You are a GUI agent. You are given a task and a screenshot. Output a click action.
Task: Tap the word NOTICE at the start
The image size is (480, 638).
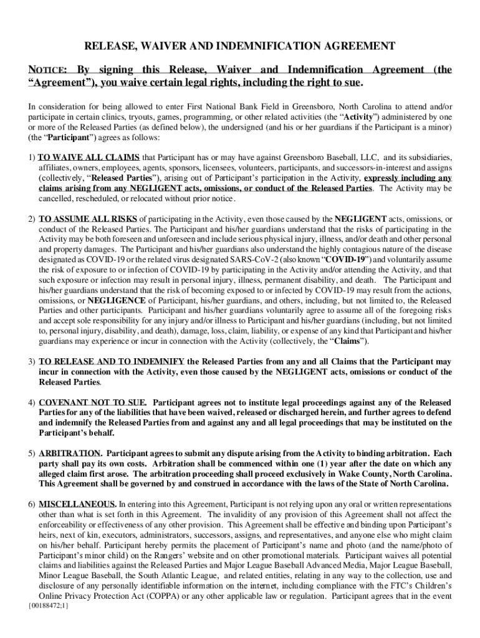[48, 70]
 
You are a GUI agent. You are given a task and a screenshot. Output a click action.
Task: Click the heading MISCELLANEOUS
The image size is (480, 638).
[77, 503]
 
